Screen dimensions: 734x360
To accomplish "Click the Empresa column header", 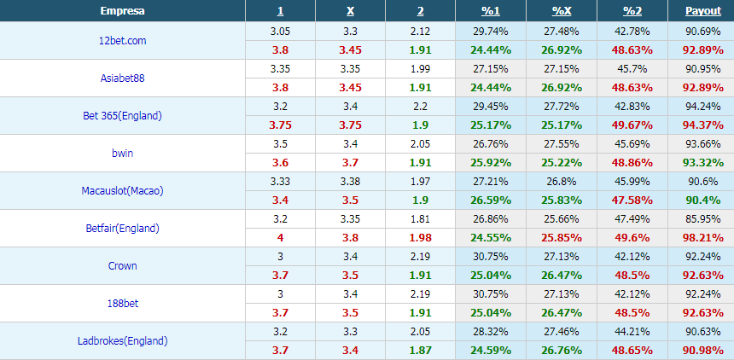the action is (x=122, y=11).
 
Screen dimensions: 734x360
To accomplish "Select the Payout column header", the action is (x=703, y=11).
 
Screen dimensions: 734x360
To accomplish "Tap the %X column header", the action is (x=562, y=11).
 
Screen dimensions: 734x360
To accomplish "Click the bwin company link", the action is (x=123, y=153).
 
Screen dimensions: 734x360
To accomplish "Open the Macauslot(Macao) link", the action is (x=122, y=191).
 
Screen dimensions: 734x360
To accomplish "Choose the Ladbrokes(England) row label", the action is (x=122, y=341).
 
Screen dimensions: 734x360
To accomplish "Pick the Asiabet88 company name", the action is (x=123, y=78).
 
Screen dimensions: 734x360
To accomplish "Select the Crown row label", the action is (x=123, y=266).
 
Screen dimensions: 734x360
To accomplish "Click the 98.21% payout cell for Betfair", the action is (x=703, y=238).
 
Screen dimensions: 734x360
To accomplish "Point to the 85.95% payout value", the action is (x=703, y=218).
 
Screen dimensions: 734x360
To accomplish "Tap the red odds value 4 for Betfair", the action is (x=280, y=238).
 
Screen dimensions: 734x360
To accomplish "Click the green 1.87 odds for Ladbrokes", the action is (x=421, y=350).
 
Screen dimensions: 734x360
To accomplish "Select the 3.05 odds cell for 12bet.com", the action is (x=280, y=32).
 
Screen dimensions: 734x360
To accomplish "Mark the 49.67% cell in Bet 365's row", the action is (x=632, y=125).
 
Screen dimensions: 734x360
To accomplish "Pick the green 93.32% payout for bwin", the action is (x=703, y=163).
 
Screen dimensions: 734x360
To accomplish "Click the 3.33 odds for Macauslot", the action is (x=280, y=181).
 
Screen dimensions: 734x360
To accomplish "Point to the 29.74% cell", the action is (x=491, y=32).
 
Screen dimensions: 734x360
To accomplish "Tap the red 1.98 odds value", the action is (x=421, y=238).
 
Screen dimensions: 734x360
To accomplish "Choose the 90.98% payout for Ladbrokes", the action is (x=703, y=350).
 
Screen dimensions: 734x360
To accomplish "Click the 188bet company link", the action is (x=123, y=304).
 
